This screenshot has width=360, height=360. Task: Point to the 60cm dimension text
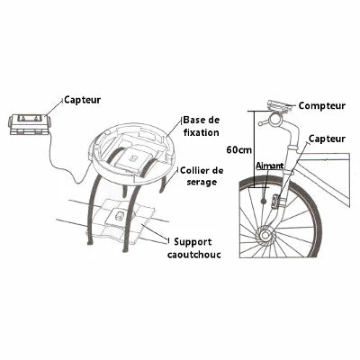tap(238, 148)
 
